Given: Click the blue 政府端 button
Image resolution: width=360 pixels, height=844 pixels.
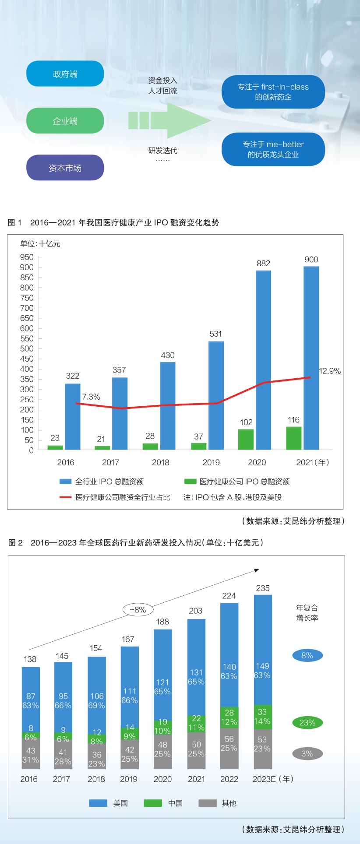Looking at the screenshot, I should point(65,74).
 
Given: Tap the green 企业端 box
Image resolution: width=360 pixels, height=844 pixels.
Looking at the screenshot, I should point(65,120).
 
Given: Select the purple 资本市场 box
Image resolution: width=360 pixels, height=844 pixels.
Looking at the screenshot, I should point(65,168).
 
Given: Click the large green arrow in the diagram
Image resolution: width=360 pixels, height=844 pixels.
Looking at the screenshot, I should point(171,120).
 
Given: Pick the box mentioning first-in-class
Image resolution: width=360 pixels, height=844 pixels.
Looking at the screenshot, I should point(273,91).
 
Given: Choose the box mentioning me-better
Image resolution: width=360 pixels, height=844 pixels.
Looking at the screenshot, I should point(273,149).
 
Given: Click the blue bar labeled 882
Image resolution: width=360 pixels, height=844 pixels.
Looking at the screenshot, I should point(263,359).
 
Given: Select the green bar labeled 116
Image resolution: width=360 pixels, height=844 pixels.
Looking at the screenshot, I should point(293,438).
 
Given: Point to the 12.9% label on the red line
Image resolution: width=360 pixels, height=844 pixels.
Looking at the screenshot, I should point(329,371).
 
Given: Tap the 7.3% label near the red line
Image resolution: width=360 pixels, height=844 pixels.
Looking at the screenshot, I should point(91,397).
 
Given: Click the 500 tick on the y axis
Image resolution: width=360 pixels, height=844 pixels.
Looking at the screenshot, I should point(27,349).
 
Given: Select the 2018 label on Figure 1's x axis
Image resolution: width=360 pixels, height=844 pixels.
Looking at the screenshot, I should point(160,462).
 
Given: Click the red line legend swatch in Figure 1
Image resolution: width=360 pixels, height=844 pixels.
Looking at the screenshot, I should point(65,497).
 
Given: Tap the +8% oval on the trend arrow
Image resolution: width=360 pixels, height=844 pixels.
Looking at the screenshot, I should point(138,609).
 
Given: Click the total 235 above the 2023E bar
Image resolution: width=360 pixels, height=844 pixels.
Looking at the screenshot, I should point(263,588).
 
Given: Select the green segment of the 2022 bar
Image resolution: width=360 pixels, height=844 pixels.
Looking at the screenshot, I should point(229,717).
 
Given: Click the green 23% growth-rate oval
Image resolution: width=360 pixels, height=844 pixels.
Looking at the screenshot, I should point(307,723).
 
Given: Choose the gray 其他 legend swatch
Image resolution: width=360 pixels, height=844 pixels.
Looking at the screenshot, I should point(208,803).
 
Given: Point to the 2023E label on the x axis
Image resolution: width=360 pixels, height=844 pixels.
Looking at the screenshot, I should point(264,779).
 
